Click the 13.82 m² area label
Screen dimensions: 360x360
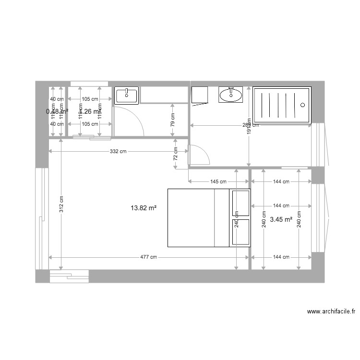click(144, 208)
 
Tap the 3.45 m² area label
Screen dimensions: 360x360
click(281, 220)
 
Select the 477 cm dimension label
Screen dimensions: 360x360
click(148, 257)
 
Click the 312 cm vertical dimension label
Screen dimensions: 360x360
click(61, 205)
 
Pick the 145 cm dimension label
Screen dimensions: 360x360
click(218, 182)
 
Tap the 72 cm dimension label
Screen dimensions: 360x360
click(176, 154)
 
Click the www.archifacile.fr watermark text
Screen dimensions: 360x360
click(331, 312)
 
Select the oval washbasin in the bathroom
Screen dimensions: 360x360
click(231, 95)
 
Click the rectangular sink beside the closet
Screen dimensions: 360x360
click(127, 95)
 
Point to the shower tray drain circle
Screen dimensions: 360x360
click(302, 105)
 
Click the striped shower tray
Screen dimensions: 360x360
click(282, 105)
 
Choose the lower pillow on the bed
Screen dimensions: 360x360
click(240, 232)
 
